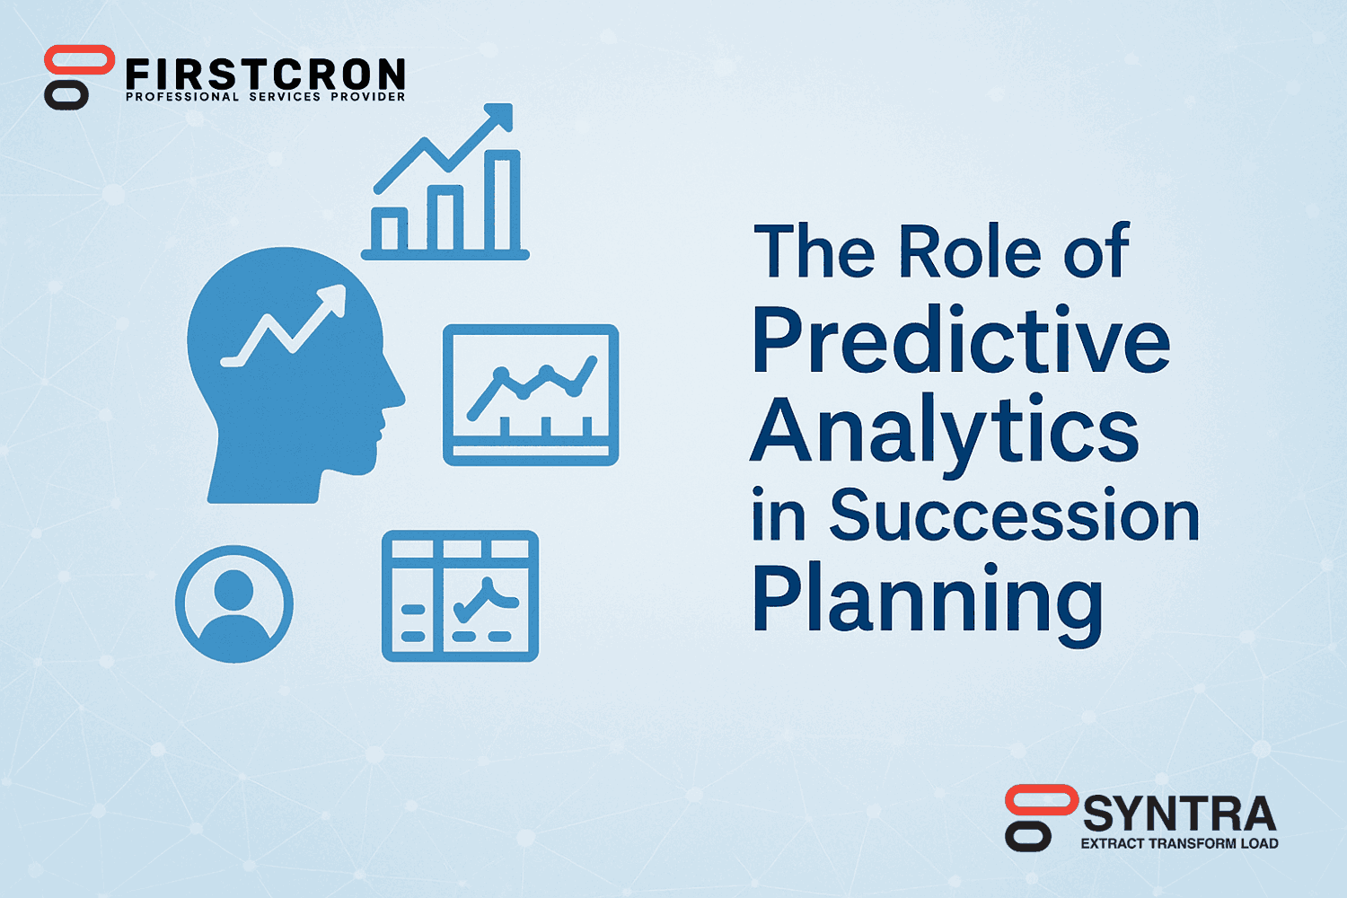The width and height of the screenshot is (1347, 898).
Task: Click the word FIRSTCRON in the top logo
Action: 265,74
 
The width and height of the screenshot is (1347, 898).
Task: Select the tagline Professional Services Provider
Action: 265,97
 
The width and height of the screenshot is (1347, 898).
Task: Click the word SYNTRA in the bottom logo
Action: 1179,815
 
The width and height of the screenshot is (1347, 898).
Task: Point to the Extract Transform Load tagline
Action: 1179,844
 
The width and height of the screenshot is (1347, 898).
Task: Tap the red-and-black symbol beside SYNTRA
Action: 1039,817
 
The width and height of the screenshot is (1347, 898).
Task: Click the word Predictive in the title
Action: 960,341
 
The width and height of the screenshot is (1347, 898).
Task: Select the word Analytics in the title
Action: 945,431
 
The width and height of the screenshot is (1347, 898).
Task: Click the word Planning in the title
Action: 927,600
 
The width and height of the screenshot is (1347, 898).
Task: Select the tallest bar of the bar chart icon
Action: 503,202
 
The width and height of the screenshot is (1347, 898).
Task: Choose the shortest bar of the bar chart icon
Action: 390,230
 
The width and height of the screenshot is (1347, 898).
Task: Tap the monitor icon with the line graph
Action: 531,394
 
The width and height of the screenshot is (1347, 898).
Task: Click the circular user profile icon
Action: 234,603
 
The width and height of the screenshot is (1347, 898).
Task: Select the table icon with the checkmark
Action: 460,596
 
